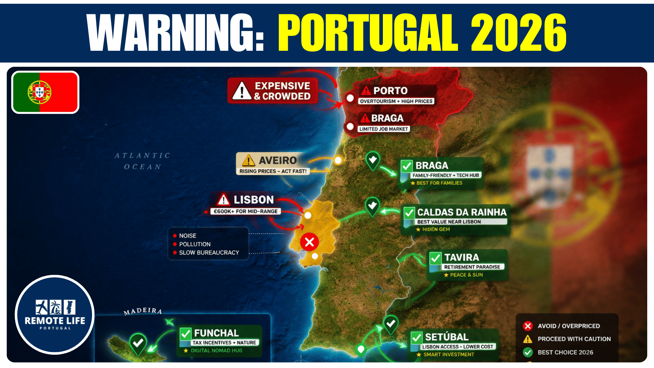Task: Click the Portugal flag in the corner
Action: pyautogui.click(x=45, y=92)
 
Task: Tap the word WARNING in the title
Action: pyautogui.click(x=175, y=33)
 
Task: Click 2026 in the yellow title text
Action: pyautogui.click(x=518, y=33)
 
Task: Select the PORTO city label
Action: pyautogui.click(x=390, y=91)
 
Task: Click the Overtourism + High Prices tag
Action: pyautogui.click(x=396, y=101)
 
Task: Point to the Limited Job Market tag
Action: pyautogui.click(x=384, y=129)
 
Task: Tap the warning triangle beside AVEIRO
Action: pyautogui.click(x=249, y=160)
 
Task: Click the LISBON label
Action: pyautogui.click(x=253, y=200)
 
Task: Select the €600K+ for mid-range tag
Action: pyautogui.click(x=245, y=211)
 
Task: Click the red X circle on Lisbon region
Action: pyautogui.click(x=309, y=242)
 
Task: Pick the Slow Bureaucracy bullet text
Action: pyautogui.click(x=209, y=252)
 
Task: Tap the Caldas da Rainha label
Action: pyautogui.click(x=462, y=212)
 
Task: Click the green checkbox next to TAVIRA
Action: pyautogui.click(x=435, y=258)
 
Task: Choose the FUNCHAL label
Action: pyautogui.click(x=216, y=333)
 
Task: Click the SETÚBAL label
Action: pyautogui.click(x=447, y=337)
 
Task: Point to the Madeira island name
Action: pyautogui.click(x=143, y=311)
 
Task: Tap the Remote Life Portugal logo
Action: pyautogui.click(x=55, y=315)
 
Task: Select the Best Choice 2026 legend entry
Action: pyautogui.click(x=565, y=352)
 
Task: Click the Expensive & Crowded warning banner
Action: pyautogui.click(x=273, y=91)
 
